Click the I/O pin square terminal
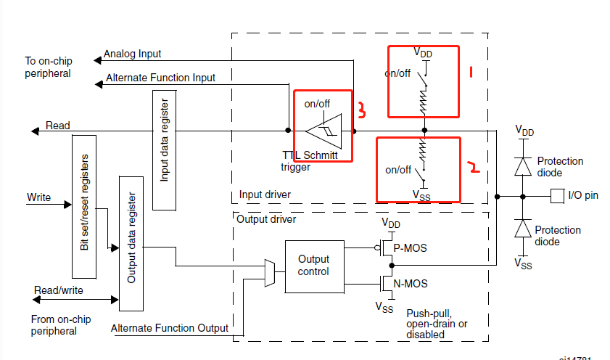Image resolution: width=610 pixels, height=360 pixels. (558, 196)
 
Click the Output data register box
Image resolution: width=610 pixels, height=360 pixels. (131, 237)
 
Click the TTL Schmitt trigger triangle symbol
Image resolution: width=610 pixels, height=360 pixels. (321, 131)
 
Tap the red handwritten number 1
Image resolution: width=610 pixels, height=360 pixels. (471, 71)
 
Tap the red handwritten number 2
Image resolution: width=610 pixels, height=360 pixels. (474, 168)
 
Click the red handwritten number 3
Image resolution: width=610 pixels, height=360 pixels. (360, 110)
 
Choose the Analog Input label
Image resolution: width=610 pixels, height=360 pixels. (132, 54)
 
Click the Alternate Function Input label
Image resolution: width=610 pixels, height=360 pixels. (160, 77)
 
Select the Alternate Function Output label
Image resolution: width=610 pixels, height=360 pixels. (169, 328)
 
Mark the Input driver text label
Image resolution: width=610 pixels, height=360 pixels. (265, 195)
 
